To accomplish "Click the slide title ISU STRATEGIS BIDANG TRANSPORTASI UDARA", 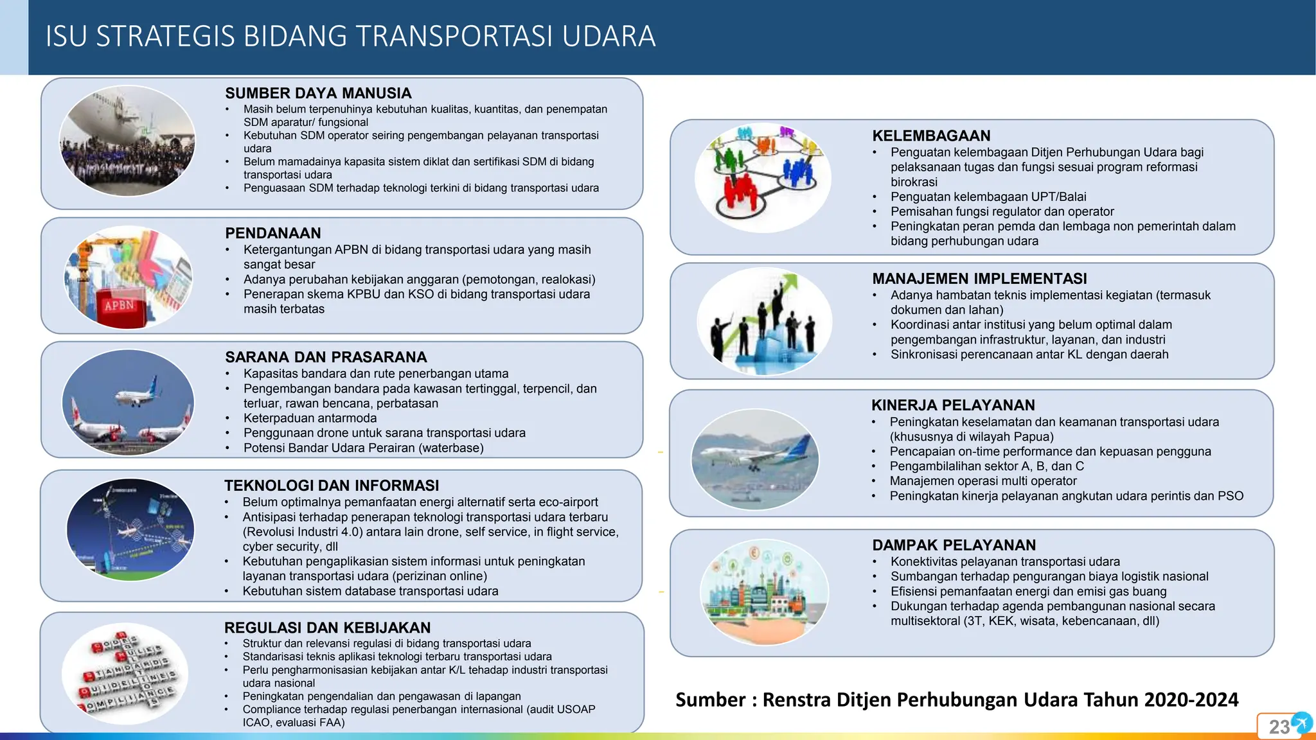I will click(x=350, y=36).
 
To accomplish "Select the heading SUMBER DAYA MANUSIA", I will click(x=318, y=93).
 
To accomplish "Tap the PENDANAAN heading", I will click(x=272, y=233).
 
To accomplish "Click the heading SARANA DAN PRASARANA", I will click(x=326, y=357).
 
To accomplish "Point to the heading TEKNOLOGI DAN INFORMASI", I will click(x=332, y=486).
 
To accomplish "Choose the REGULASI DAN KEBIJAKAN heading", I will click(x=327, y=628).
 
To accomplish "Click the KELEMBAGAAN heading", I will click(x=931, y=136).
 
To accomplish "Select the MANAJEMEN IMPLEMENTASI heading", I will click(x=979, y=279).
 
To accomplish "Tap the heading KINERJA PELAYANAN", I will click(x=953, y=405).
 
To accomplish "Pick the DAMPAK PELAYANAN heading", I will click(x=954, y=545).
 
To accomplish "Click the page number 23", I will click(x=1279, y=727).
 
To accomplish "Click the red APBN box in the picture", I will click(x=120, y=306).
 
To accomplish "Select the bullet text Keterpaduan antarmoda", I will click(x=310, y=418).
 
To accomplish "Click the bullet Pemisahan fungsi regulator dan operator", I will click(x=1002, y=211).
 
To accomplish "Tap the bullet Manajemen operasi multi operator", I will click(x=983, y=481).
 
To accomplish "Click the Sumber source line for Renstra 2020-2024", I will click(x=956, y=700).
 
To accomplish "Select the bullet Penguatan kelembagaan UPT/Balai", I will click(x=988, y=197).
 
